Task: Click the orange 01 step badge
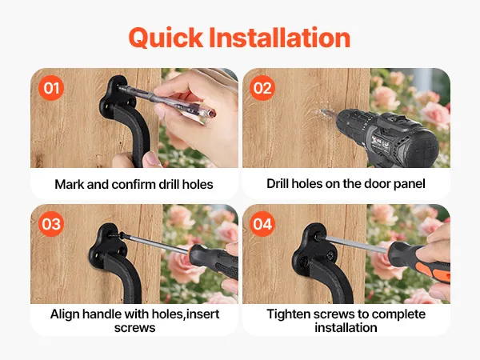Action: tap(51, 88)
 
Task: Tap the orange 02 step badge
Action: tap(262, 88)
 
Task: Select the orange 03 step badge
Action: tap(51, 224)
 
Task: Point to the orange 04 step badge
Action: tap(262, 224)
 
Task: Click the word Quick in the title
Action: tap(166, 38)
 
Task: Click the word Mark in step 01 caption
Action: tap(70, 184)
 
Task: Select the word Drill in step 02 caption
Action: tap(278, 184)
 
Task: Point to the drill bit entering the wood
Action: tap(328, 114)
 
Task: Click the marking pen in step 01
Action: tap(167, 101)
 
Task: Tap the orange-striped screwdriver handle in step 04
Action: tap(418, 261)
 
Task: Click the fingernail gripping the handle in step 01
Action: tap(151, 158)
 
